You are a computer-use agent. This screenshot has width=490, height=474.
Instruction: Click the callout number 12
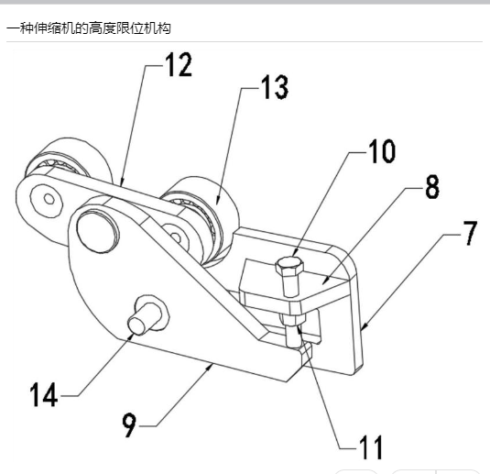(x=179, y=64)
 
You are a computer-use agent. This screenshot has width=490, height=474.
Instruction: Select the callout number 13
(x=275, y=87)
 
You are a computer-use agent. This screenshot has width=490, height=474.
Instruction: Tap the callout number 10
(x=382, y=151)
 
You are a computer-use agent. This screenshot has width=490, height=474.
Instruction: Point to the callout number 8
(x=433, y=187)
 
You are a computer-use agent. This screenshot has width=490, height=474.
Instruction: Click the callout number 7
(x=471, y=233)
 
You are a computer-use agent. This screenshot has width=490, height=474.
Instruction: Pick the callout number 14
(x=44, y=394)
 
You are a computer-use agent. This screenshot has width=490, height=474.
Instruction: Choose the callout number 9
(x=129, y=424)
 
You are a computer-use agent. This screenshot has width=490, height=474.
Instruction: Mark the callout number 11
(x=371, y=447)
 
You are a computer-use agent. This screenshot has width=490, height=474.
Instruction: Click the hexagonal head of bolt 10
(x=289, y=266)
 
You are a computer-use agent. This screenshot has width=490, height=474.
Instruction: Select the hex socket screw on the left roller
(x=49, y=199)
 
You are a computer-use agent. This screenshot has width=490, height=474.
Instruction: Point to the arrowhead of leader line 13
(x=217, y=202)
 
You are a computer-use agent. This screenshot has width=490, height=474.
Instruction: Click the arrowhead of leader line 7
(x=363, y=327)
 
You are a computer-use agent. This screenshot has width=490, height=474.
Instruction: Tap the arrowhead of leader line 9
(x=210, y=367)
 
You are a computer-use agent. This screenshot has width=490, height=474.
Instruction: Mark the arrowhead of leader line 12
(x=122, y=182)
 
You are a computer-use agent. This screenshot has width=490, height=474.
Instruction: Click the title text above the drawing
(x=89, y=28)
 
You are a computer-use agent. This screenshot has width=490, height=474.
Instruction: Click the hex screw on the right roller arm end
(x=176, y=237)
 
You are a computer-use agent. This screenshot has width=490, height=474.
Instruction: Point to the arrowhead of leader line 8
(x=325, y=281)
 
